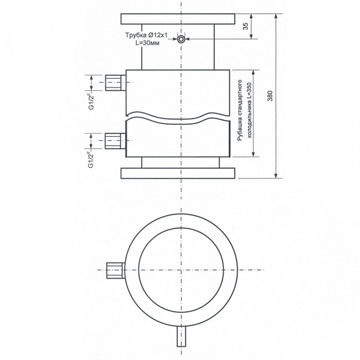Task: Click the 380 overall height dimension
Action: pos(270,96)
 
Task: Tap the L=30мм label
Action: pos(147,43)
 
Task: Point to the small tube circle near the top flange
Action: pos(181,39)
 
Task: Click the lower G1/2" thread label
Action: pos(90,158)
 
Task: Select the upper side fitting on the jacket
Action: pos(115,83)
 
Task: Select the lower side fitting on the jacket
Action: pos(115,141)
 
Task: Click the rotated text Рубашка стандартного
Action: pos(239,113)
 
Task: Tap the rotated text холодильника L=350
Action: pos(249,113)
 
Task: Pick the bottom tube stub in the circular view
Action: pos(181,335)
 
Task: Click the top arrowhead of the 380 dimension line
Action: pos(276,17)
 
